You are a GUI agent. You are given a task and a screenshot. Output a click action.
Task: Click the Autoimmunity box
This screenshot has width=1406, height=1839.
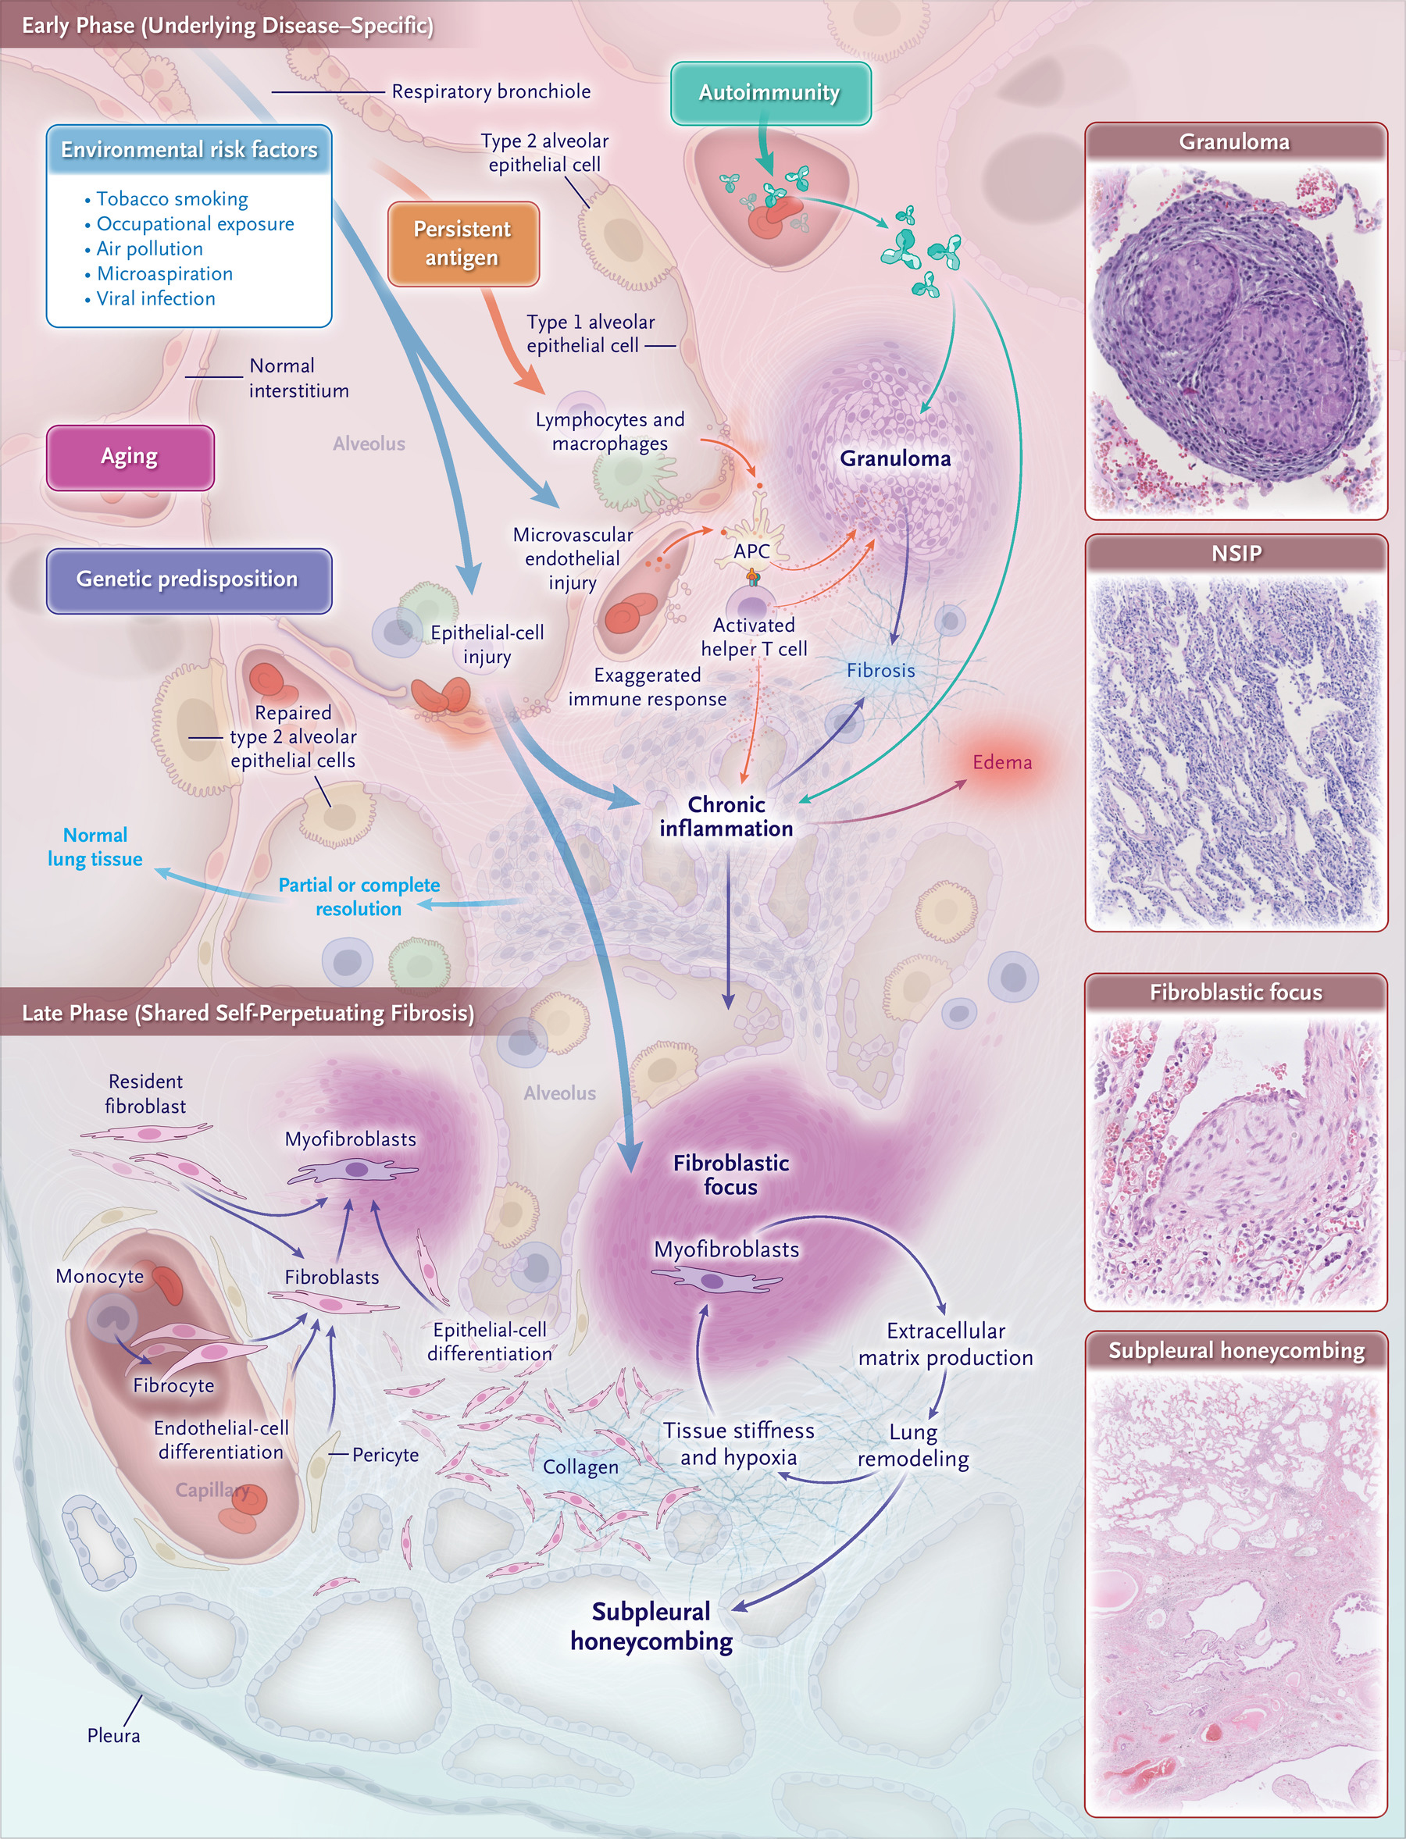(x=770, y=93)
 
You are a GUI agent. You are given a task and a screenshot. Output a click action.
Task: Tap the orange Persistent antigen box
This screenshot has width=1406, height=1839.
(x=462, y=244)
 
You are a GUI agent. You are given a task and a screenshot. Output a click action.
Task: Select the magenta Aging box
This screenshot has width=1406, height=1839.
(x=130, y=457)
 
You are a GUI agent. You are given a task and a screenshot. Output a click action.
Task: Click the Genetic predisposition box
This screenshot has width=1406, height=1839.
(x=188, y=579)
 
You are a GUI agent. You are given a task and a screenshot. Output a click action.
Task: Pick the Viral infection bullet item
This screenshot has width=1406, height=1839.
(x=150, y=298)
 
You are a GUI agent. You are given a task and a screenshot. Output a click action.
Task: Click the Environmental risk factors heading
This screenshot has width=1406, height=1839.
(x=189, y=150)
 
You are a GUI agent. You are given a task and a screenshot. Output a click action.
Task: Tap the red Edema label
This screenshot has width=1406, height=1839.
(x=1001, y=762)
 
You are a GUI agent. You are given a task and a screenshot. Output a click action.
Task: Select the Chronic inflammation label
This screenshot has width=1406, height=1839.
(x=726, y=817)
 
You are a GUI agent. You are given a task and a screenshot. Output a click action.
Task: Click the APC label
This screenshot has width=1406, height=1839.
(x=751, y=551)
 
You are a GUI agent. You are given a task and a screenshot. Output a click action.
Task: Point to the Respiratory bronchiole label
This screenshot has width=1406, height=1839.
(x=491, y=91)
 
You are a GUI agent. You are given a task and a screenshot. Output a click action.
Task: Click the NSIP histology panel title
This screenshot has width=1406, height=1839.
(x=1236, y=553)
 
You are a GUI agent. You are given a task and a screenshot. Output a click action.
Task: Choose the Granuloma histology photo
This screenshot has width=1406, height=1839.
(x=1236, y=339)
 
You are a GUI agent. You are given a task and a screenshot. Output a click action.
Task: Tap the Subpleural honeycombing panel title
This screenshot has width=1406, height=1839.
(x=1236, y=1350)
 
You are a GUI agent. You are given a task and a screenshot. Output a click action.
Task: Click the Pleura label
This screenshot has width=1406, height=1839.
(x=114, y=1735)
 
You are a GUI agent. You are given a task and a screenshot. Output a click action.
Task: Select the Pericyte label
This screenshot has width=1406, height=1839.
(x=385, y=1455)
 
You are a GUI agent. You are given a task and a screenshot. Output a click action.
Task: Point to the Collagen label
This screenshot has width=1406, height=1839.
(x=581, y=1467)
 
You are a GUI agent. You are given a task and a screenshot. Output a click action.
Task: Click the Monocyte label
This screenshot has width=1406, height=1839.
(x=100, y=1276)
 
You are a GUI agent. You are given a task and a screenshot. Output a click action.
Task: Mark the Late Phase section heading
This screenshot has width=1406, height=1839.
(x=248, y=1014)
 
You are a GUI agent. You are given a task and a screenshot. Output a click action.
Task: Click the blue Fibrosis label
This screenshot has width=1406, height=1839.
(x=880, y=670)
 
